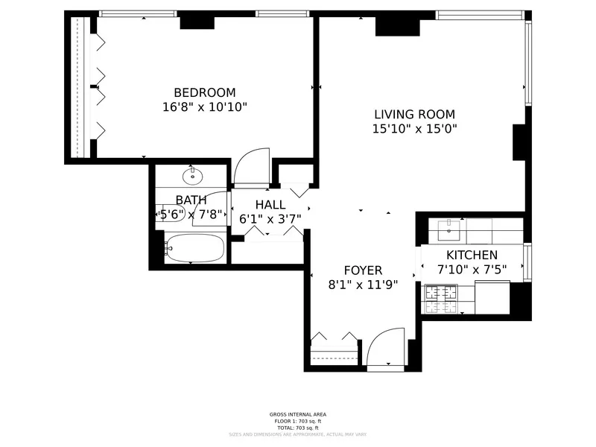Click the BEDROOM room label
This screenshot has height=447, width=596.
click(204, 92)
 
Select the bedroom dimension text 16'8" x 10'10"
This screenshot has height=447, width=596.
click(204, 107)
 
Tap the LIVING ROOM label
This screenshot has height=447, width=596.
click(414, 114)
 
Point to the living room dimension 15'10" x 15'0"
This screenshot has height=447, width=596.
click(414, 129)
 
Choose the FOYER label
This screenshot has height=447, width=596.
click(363, 270)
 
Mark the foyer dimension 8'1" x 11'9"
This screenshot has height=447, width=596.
click(363, 284)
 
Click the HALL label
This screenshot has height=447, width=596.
click(270, 205)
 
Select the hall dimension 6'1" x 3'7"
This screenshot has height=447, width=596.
click(270, 219)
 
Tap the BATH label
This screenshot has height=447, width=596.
click(191, 200)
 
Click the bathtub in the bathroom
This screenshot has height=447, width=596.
click(194, 248)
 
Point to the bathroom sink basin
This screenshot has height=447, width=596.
click(193, 176)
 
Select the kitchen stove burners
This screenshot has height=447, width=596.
click(441, 298)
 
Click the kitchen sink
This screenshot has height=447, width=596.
click(450, 227)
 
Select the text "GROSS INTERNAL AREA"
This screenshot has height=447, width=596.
click(297, 414)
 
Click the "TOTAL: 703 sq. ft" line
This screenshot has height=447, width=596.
click(297, 428)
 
